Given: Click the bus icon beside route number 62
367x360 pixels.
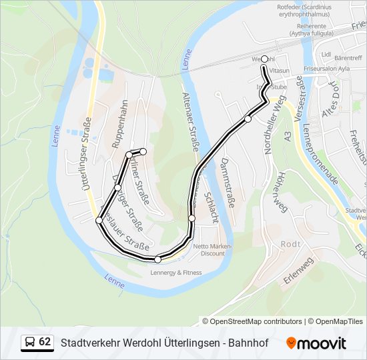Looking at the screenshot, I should click(30, 343).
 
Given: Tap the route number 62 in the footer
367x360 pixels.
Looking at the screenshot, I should click(45, 342).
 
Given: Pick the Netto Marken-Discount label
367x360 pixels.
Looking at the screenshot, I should click(213, 250).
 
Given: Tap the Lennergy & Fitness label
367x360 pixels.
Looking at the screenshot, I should click(176, 273).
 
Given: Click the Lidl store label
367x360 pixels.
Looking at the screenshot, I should click(326, 55).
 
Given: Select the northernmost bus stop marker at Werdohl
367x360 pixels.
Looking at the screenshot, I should click(265, 59).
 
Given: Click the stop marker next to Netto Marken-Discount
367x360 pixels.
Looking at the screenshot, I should click(192, 218).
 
